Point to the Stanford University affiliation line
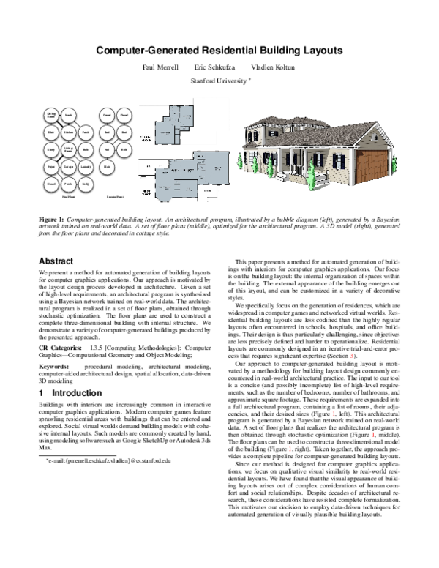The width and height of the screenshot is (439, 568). coord(219,81)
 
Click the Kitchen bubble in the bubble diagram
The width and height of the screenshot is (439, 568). coord(69,132)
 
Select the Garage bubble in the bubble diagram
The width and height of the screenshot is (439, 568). coord(69,166)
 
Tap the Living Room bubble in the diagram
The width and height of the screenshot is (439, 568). coord(69,149)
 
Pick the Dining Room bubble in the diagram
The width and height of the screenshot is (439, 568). coord(52,116)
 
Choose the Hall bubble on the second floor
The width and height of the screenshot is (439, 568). coord(108,149)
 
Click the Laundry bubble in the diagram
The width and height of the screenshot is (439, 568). coord(86,166)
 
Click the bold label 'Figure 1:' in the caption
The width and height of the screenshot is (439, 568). coord(50,219)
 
